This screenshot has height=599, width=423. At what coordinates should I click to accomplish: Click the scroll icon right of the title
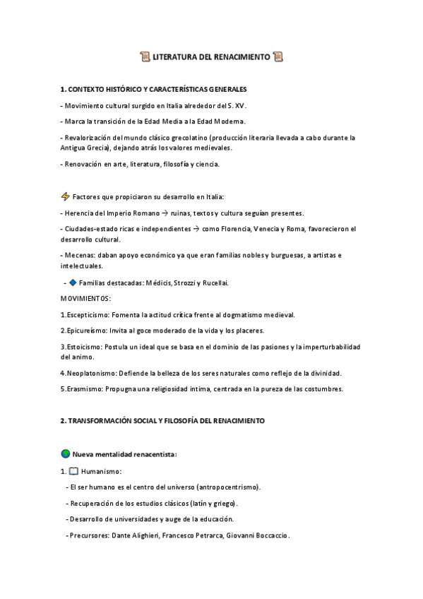coord(278,57)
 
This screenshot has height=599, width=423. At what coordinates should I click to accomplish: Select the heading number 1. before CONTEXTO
coord(64,90)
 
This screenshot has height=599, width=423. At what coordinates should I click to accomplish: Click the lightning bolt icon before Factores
coord(66,196)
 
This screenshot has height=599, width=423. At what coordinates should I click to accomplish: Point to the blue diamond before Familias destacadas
coord(73,283)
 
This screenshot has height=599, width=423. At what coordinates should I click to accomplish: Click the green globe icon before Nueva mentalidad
coord(66,453)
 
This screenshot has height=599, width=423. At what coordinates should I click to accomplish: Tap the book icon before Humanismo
coord(73,471)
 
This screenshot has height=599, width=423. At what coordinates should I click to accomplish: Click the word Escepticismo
coord(89,314)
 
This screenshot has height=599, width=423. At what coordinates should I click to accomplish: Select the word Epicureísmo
coord(88,331)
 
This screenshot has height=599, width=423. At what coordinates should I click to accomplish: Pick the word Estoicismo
coord(84,347)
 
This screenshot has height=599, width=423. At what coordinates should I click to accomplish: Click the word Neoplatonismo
coord(90,373)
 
